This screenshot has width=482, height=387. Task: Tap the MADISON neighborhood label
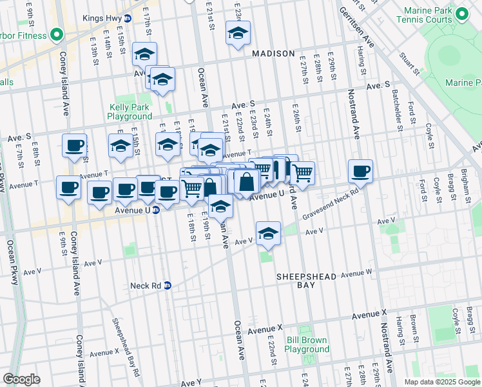(273, 54)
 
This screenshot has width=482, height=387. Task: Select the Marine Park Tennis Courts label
(436, 15)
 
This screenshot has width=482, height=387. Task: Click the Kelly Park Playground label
(130, 112)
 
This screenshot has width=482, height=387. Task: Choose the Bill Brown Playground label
(307, 344)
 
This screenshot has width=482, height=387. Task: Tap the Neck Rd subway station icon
(168, 285)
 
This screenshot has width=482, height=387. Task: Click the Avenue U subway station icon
(156, 210)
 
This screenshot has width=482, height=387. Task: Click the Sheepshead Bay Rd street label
(126, 346)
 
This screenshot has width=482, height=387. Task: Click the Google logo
(21, 379)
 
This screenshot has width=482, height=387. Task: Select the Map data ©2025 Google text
(441, 382)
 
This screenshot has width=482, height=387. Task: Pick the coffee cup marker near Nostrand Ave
(360, 172)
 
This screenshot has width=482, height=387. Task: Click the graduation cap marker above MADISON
(237, 33)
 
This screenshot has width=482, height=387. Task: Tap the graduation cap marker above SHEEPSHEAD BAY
(268, 233)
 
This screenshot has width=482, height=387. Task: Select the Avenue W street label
(356, 273)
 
